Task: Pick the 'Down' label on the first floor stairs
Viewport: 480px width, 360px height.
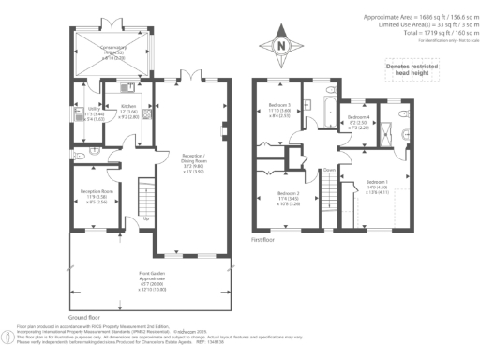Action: pyautogui.click(x=329, y=169)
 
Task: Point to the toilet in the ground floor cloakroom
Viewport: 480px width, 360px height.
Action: pyautogui.click(x=82, y=153)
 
